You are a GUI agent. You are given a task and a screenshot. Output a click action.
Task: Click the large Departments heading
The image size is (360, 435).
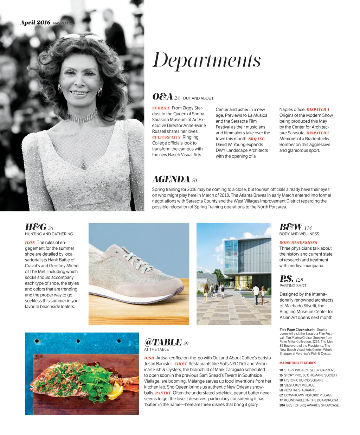pos(206,60)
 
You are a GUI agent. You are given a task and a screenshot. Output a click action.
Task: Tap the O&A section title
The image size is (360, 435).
pos(162,97)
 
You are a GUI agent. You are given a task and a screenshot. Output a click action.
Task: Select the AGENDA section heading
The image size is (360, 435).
pos(171,179)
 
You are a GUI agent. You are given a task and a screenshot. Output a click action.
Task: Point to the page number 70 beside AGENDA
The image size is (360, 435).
pos(194,181)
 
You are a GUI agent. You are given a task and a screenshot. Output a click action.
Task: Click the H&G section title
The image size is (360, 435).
pos(36,227)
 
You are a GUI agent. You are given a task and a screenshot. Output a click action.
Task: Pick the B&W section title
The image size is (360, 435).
pos(291,227)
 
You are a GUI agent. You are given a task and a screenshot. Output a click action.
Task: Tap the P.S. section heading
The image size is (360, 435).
pos(286,279)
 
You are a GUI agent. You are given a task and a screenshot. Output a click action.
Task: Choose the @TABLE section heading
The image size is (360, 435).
pos(163,343)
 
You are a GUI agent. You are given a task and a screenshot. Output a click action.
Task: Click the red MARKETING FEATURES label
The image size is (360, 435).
pos(298,363)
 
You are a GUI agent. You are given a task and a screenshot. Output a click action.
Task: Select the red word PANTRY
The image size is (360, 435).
pos(163,393)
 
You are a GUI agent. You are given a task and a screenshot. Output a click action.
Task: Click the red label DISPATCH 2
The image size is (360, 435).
pos(318,133)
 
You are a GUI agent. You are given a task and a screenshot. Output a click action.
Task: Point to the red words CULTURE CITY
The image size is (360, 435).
pos(166,137)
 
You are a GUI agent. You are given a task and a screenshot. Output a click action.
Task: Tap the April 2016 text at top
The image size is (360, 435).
pos(36,23)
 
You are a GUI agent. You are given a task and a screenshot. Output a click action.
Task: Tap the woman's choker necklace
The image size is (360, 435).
pos(83,116)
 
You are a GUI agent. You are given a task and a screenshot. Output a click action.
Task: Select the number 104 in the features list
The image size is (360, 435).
pos(282,405)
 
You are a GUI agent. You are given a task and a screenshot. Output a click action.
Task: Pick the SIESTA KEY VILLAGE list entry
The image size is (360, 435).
pos(299,385)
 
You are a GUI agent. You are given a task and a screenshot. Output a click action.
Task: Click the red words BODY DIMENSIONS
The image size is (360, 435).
pos(298,243)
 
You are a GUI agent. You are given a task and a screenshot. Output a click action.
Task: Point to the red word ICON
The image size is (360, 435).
pos(30,243)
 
